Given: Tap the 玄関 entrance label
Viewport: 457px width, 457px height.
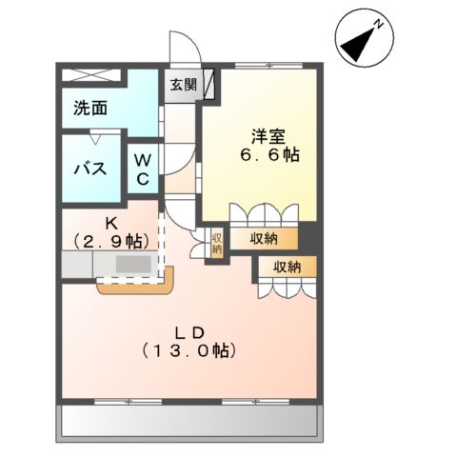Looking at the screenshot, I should pos(184,85).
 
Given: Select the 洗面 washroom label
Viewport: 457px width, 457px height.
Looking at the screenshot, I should pos(90,108).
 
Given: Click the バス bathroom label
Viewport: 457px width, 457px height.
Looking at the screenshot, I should pos(89,170).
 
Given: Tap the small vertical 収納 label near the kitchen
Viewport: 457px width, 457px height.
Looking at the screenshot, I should pos(216,243).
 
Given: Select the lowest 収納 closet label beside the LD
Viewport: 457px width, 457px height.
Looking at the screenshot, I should pos(285,267).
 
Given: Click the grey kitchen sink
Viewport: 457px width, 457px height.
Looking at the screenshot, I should pos(133,264).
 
